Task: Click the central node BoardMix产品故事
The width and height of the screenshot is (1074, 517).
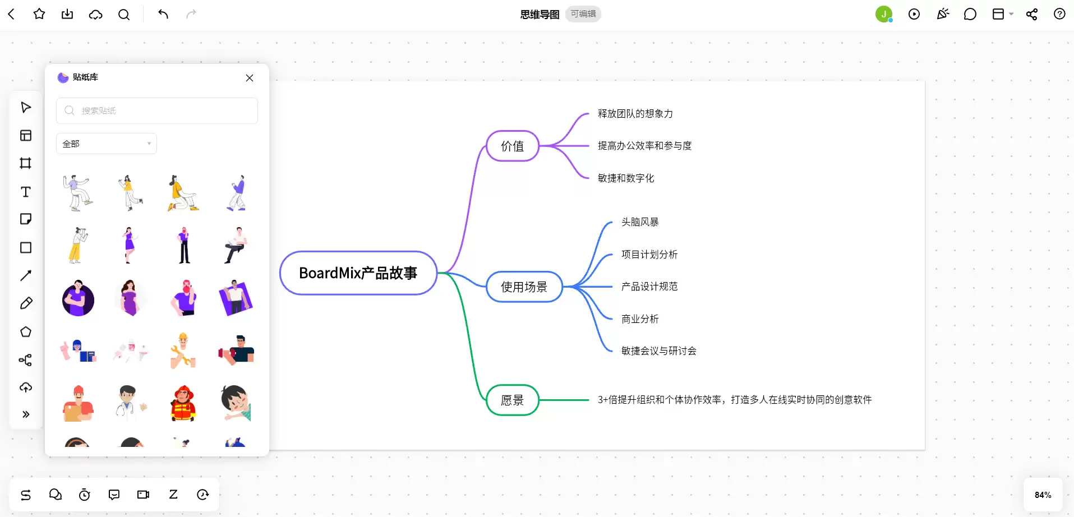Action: pos(358,273)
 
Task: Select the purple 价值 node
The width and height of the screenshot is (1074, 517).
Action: pos(512,146)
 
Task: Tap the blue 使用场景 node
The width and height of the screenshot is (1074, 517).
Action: pos(524,287)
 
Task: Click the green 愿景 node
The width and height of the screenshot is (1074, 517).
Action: pos(512,400)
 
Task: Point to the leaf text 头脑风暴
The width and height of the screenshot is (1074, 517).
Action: pos(640,222)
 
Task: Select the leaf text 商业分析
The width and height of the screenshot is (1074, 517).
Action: pos(640,319)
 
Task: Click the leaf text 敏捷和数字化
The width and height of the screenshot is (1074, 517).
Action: pos(626,178)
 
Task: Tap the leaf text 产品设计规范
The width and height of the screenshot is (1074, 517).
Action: pos(649,287)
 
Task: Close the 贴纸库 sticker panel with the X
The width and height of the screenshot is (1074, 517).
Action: pos(250,78)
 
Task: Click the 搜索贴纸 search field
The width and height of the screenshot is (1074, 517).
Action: pos(157,110)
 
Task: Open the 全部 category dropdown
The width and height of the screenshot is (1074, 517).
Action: pos(107,144)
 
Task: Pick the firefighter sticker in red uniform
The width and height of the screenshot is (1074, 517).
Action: pos(183,403)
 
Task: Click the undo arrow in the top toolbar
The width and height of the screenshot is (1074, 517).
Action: pos(163,14)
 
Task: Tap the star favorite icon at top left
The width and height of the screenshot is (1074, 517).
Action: pos(39,14)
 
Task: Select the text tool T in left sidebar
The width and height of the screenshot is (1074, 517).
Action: pos(26,192)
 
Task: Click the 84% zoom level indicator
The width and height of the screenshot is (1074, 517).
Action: pos(1043,495)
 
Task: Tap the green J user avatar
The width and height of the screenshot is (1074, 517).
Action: pos(884,14)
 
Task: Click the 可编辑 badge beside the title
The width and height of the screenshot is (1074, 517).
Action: pos(583,14)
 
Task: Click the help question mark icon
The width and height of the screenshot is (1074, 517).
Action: pos(1059,14)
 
